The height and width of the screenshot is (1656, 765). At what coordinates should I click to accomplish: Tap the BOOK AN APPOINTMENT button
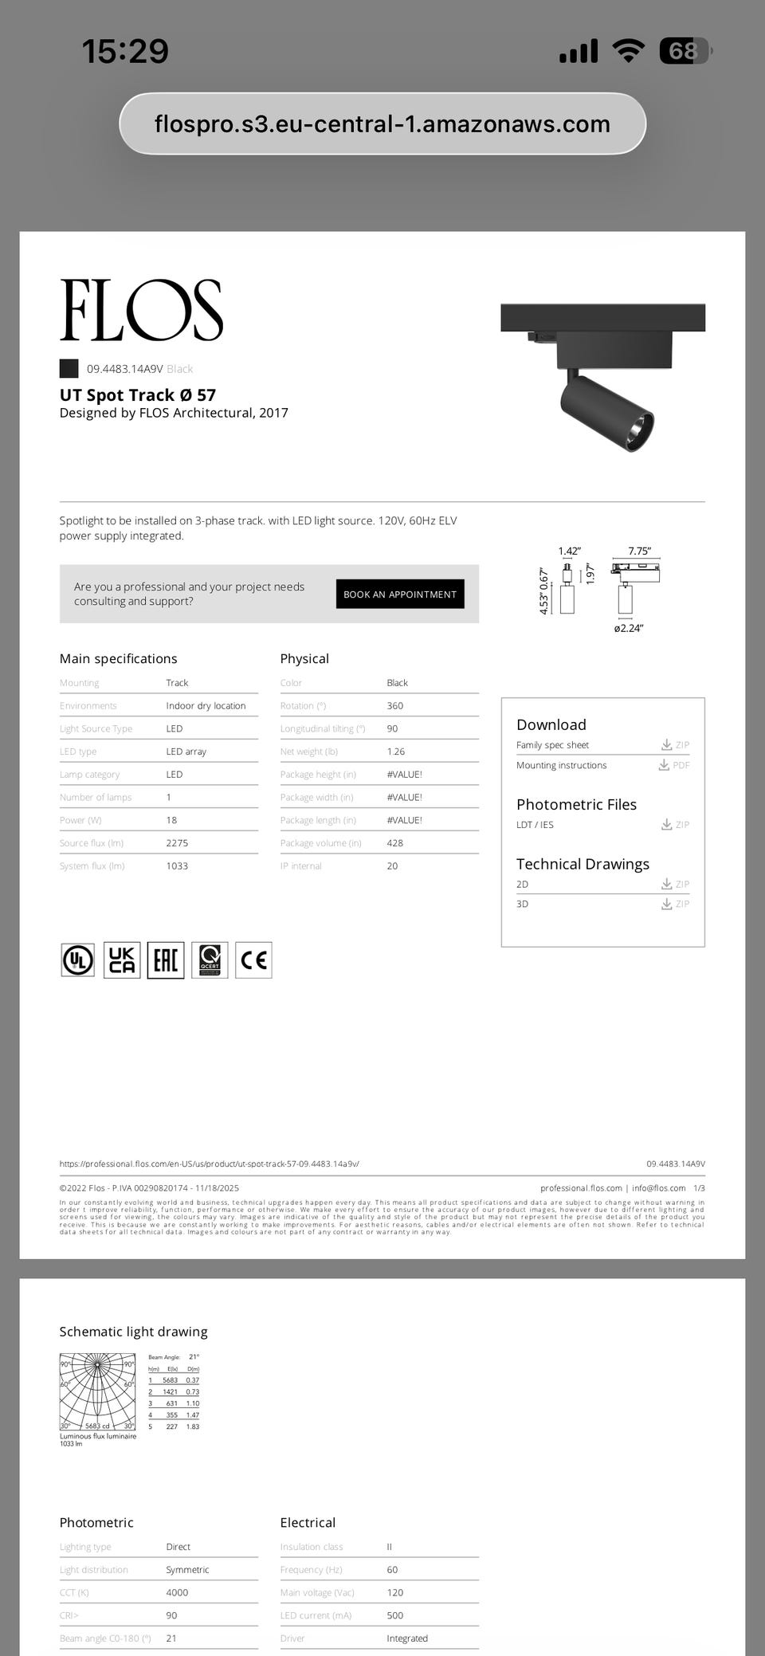click(399, 595)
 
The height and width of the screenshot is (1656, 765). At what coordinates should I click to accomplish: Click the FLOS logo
click(141, 311)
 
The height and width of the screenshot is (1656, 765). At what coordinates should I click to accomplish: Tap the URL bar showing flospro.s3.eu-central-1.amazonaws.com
click(382, 124)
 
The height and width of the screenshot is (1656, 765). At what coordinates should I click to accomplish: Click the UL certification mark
click(78, 960)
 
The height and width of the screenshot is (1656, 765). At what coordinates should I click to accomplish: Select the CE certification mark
click(253, 960)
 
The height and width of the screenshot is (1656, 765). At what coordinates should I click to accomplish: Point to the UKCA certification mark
click(122, 960)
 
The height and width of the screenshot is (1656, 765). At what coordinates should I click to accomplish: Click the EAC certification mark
click(166, 960)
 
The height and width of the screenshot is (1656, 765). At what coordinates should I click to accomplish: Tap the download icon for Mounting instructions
click(664, 765)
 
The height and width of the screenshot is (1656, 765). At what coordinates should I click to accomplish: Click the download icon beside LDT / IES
click(666, 825)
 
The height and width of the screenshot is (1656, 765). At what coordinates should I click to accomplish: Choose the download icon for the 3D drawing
click(666, 905)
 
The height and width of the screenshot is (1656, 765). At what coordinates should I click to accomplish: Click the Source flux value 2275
click(177, 843)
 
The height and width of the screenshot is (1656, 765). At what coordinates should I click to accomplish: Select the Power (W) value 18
click(171, 820)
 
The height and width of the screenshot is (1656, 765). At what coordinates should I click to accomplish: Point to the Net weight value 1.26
click(395, 751)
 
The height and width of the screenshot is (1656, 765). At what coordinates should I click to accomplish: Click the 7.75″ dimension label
click(639, 551)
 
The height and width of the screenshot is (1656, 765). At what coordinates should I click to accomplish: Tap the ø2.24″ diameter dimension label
click(628, 628)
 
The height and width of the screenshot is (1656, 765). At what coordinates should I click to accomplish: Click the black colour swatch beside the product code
click(69, 368)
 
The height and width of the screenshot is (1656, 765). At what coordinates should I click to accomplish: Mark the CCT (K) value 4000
click(177, 1592)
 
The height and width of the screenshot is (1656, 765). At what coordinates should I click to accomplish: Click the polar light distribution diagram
click(98, 1391)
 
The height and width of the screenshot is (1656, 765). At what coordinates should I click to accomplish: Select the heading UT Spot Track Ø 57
click(138, 395)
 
